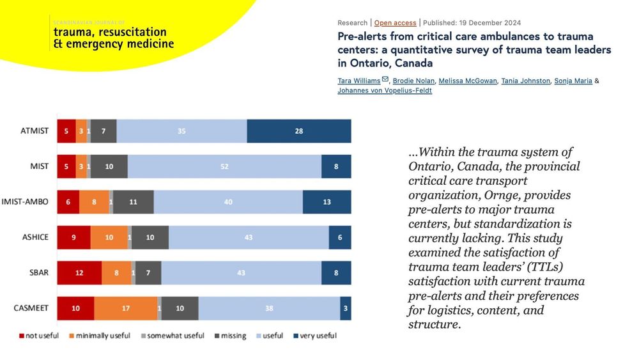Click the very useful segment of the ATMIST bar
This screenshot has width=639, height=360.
click(299, 131)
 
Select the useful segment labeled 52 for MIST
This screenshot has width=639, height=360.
click(224, 166)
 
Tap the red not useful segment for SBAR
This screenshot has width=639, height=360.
click(79, 272)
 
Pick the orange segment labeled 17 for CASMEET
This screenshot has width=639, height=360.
click(126, 308)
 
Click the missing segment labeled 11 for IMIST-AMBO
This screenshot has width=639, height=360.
click(134, 201)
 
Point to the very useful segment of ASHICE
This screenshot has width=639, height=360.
click(340, 237)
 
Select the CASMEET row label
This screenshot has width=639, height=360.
click(31, 308)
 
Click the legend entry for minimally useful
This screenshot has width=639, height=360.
click(103, 336)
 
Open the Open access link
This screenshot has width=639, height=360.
click(395, 23)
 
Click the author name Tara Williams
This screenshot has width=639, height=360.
click(358, 81)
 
